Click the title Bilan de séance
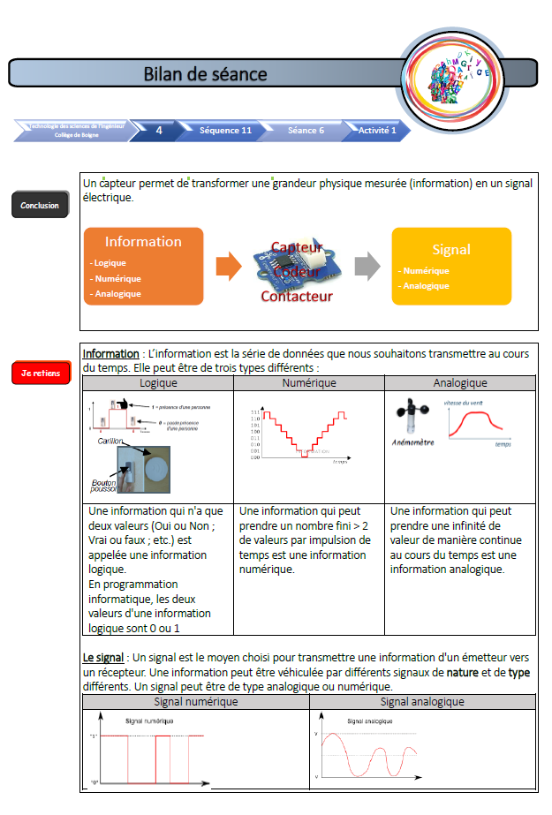pyautogui.click(x=205, y=74)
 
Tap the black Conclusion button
pyautogui.click(x=40, y=206)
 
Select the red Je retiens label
pyautogui.click(x=40, y=374)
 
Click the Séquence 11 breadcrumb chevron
pyautogui.click(x=226, y=131)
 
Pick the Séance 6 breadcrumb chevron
pyautogui.click(x=306, y=131)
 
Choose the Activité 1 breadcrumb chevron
pyautogui.click(x=377, y=131)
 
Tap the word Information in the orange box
pyautogui.click(x=143, y=242)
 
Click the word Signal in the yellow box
pyautogui.click(x=451, y=250)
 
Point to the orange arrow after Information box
pyautogui.click(x=228, y=266)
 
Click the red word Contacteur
pyautogui.click(x=297, y=297)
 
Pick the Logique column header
pyautogui.click(x=158, y=383)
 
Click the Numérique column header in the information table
pyautogui.click(x=308, y=383)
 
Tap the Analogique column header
pyautogui.click(x=460, y=383)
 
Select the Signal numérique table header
pyautogui.click(x=195, y=702)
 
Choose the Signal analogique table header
pyautogui.click(x=422, y=702)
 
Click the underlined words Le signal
pyautogui.click(x=102, y=658)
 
